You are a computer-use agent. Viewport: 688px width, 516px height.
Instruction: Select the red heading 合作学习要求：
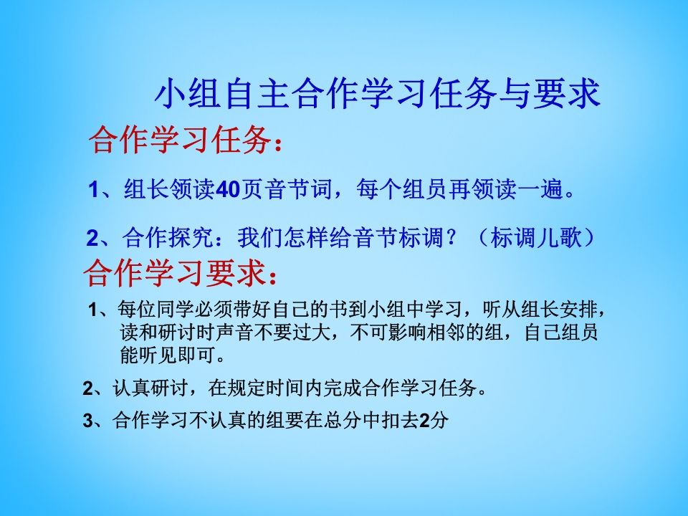coord(180,273)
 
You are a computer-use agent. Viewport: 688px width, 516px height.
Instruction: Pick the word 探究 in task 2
coord(190,237)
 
